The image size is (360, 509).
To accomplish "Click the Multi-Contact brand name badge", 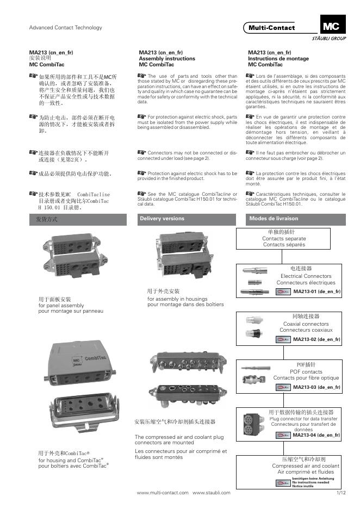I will pos(272,28).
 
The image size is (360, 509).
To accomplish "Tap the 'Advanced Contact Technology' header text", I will pos(65,28).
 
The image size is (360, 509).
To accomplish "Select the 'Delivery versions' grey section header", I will pos(162,219).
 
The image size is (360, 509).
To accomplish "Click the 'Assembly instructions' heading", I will pos(166,59).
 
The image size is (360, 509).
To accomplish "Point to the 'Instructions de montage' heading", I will pos(278,59).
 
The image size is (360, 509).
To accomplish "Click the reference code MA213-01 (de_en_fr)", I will pos(317,292).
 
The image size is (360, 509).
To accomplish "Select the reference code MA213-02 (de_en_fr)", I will pos(317,339).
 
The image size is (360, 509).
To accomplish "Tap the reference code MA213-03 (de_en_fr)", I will pos(317,387).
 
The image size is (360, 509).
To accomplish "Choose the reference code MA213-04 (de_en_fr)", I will pos(316,435).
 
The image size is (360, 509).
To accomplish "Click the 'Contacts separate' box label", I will pos(284,239).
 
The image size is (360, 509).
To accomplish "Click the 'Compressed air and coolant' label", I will pos(306,466).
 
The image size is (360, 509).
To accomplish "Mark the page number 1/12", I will pos(341,493).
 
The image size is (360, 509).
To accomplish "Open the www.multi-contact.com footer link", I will pos(163,493).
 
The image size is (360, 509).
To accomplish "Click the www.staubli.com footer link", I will pos(212,493).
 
